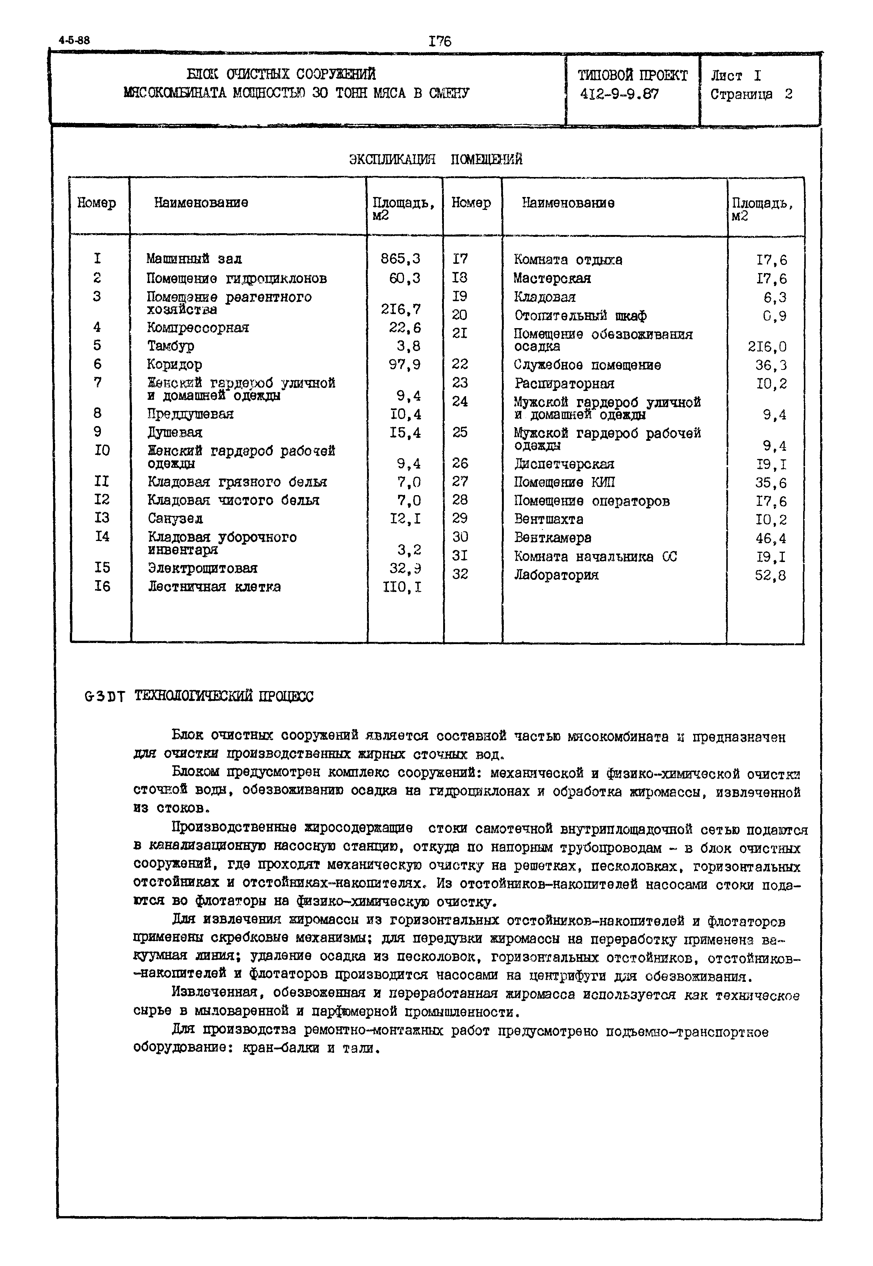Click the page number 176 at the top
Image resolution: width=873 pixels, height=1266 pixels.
tap(440, 41)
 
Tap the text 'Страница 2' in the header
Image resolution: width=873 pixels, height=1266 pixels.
tap(751, 94)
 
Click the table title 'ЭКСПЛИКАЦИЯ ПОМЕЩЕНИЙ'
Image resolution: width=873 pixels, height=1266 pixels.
tap(435, 159)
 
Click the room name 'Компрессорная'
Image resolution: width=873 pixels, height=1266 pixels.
tap(198, 327)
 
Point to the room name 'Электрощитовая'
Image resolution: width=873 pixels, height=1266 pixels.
tap(203, 568)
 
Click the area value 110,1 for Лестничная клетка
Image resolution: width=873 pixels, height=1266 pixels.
tap(404, 587)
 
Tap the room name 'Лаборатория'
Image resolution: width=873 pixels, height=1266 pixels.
tap(556, 575)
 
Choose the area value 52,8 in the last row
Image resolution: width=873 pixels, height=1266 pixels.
tap(770, 575)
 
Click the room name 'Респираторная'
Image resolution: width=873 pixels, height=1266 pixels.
tap(564, 383)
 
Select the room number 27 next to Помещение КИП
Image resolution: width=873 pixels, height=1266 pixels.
tap(460, 482)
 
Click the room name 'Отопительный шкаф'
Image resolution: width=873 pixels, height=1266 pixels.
tap(580, 316)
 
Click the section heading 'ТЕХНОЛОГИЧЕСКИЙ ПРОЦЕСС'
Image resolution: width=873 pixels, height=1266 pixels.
tap(224, 697)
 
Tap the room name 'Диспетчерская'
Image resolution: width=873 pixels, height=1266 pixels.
tap(564, 464)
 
